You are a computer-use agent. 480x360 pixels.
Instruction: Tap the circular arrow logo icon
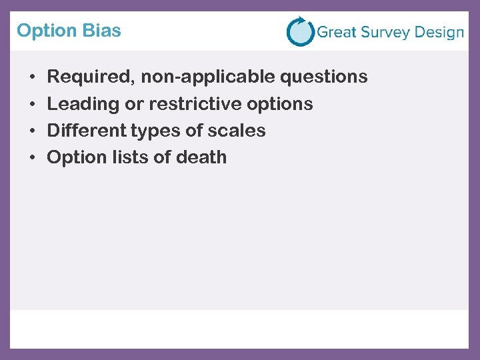pos(300,31)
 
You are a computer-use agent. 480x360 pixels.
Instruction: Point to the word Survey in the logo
pos(386,33)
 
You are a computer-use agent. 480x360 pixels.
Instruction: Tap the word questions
pos(324,77)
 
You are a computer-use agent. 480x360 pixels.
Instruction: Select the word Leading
pos(79,104)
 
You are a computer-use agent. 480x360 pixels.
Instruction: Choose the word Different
pos(84,131)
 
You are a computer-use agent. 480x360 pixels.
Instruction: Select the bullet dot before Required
pos(33,77)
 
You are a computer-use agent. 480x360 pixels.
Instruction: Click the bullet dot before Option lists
pos(33,158)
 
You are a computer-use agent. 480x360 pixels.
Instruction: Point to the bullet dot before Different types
pos(33,131)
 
